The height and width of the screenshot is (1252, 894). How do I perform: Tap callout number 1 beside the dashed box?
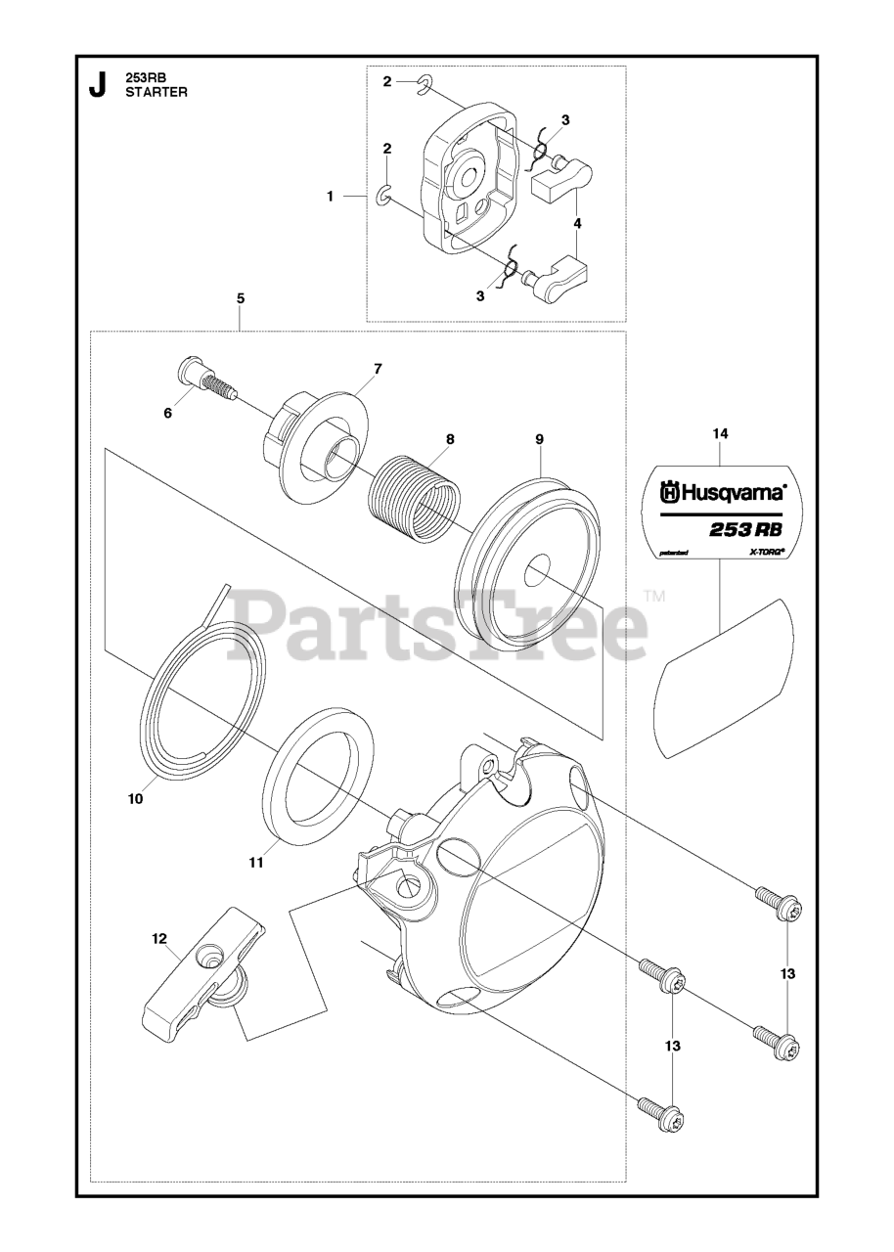pyautogui.click(x=331, y=197)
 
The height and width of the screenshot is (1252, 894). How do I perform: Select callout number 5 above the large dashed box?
pyautogui.click(x=241, y=298)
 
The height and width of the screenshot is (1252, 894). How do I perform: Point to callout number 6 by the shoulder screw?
pyautogui.click(x=167, y=413)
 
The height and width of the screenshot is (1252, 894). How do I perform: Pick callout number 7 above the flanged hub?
pyautogui.click(x=379, y=369)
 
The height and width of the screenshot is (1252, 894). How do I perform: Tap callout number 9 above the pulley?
pyautogui.click(x=539, y=439)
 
